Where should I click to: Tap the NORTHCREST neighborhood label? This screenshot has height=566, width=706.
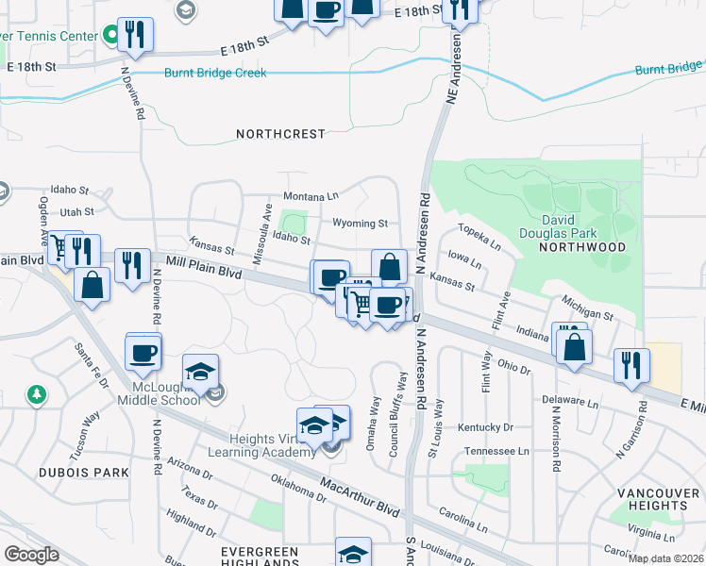tap(280, 134)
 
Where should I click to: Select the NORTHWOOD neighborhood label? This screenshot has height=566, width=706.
tap(582, 246)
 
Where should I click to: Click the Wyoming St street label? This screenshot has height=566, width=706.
tap(360, 224)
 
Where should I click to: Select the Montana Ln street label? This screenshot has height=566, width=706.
tap(311, 195)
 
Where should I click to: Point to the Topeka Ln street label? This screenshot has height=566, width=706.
tap(477, 232)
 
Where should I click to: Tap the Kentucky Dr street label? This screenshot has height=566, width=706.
tap(484, 427)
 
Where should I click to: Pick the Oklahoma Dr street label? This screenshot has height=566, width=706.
tap(296, 487)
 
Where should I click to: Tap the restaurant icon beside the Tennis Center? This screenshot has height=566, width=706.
tap(135, 35)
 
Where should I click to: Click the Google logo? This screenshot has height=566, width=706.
tap(31, 554)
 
